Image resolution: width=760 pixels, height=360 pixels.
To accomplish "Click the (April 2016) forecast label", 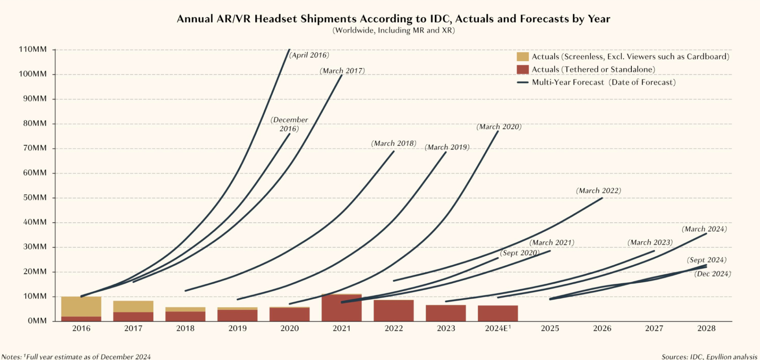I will [309, 55].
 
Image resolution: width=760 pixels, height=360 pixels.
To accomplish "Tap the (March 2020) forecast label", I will [499, 127].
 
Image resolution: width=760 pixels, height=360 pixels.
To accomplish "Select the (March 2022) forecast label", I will [598, 191].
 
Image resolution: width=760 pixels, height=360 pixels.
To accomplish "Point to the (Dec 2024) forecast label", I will [712, 274].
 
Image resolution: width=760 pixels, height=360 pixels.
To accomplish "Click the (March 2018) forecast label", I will [394, 144].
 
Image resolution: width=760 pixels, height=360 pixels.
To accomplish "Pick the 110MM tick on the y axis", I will [33, 49].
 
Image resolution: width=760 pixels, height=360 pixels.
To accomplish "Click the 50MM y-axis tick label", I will [35, 198].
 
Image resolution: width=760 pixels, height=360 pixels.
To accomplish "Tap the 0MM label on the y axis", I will [37, 321].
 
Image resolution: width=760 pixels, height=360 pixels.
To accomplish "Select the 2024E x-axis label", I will [497, 328].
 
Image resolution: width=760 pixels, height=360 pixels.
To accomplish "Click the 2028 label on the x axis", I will [706, 328].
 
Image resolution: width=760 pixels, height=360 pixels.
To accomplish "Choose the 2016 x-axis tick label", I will [81, 328].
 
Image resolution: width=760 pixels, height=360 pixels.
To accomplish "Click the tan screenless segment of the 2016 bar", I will [81, 306].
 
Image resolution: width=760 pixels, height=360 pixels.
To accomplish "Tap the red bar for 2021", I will [342, 308].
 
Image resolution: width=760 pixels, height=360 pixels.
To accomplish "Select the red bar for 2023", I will [446, 313].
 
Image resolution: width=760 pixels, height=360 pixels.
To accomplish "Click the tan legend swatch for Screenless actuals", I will [522, 57].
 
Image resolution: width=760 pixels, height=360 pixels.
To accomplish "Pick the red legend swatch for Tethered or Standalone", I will [522, 70].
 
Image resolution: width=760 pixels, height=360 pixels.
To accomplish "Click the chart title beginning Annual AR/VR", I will [393, 19].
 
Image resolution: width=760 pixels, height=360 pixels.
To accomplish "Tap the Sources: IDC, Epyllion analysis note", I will [709, 357].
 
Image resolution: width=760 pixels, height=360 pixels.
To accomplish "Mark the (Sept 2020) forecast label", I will [519, 253].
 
